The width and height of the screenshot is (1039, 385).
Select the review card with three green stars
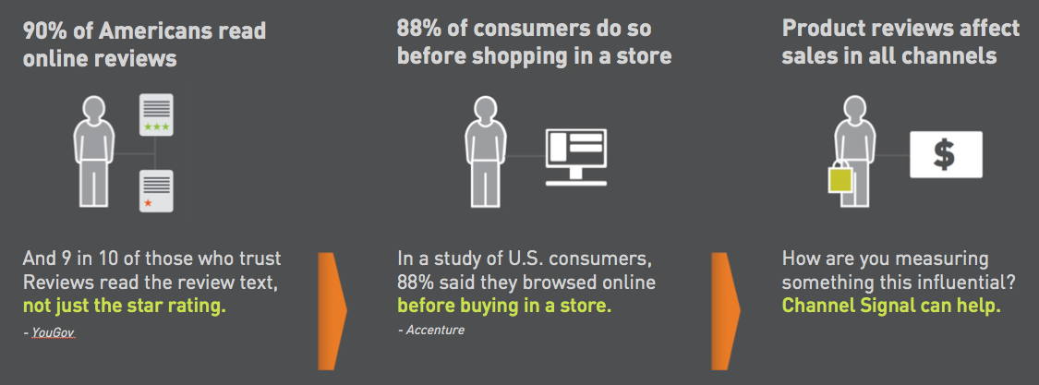tap(156, 114)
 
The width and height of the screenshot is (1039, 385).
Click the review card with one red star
tap(156, 191)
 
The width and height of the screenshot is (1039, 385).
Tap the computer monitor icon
tap(575, 157)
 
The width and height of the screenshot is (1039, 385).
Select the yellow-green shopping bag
tap(840, 177)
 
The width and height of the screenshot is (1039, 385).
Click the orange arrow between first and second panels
tap(332, 311)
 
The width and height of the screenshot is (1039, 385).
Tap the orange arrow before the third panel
tap(726, 311)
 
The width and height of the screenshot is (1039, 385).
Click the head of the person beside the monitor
tap(486, 109)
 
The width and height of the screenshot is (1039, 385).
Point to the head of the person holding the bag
tap(855, 109)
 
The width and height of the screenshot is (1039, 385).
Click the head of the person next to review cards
tap(94, 109)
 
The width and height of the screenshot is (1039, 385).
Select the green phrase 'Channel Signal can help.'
tap(891, 307)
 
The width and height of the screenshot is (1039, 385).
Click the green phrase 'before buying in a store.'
tap(504, 307)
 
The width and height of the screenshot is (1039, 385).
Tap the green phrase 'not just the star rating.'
tap(125, 307)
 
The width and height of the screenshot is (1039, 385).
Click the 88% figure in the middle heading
tap(418, 29)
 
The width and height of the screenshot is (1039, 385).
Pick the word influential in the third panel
tap(967, 283)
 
